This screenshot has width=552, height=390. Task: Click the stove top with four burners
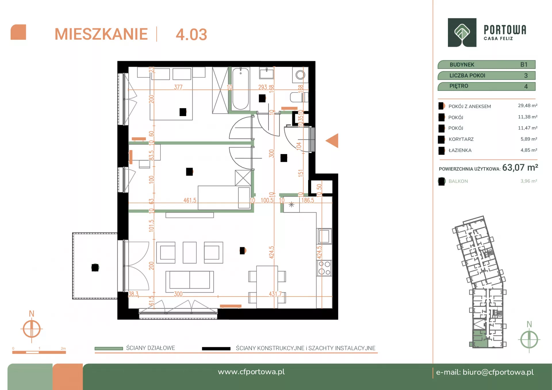[324, 268]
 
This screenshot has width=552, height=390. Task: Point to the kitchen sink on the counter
[324, 237]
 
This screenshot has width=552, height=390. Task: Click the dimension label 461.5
[190, 200]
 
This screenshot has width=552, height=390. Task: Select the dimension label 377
[178, 87]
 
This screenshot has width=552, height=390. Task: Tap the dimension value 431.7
[275, 294]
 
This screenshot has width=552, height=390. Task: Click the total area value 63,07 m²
[520, 168]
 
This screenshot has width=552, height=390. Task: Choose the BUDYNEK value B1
[524, 65]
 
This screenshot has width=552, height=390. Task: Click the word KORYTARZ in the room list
[461, 139]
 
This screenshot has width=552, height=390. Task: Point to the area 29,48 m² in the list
[528, 105]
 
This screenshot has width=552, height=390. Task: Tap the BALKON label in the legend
[458, 181]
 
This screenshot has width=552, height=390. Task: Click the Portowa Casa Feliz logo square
[462, 32]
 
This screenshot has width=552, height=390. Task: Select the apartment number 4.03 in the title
[191, 34]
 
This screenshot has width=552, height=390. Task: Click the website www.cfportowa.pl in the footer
[251, 372]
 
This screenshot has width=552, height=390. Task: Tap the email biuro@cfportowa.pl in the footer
[498, 372]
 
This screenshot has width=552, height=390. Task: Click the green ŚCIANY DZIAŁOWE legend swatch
[109, 348]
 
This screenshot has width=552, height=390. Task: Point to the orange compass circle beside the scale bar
[32, 329]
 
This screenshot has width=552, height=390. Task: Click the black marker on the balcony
[95, 268]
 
